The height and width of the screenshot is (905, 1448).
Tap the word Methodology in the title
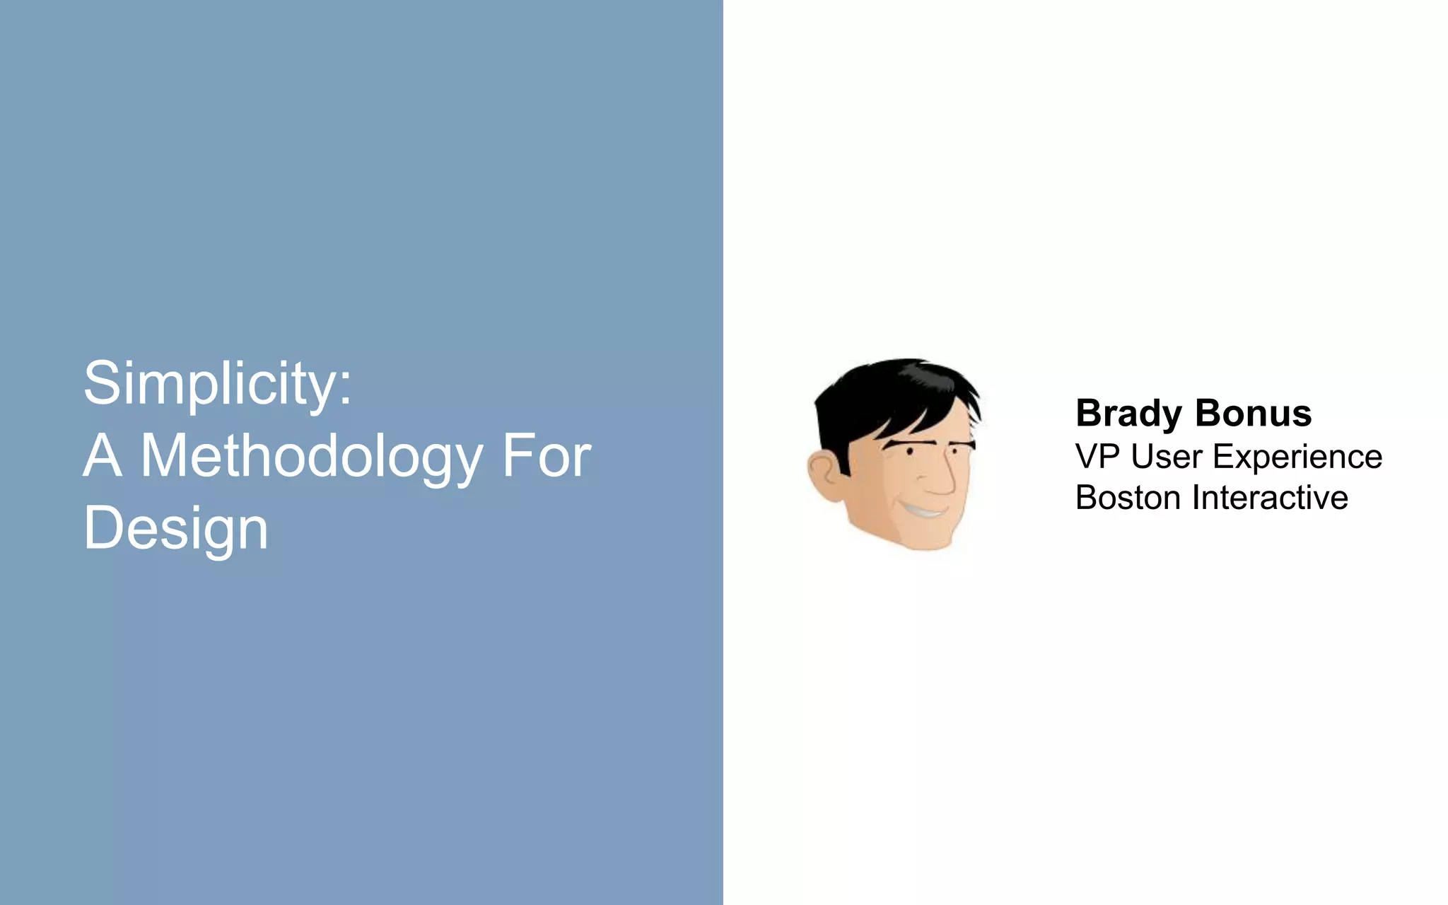(311, 457)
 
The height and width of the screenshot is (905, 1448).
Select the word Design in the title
(175, 528)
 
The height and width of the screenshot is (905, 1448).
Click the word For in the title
(546, 456)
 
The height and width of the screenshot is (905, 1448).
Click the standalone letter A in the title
(103, 456)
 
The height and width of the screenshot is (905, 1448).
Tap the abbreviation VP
(1097, 457)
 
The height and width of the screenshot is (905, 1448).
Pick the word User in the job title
(1167, 457)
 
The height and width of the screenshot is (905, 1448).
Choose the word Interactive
(1270, 498)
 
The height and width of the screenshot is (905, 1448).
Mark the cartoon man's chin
(926, 541)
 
